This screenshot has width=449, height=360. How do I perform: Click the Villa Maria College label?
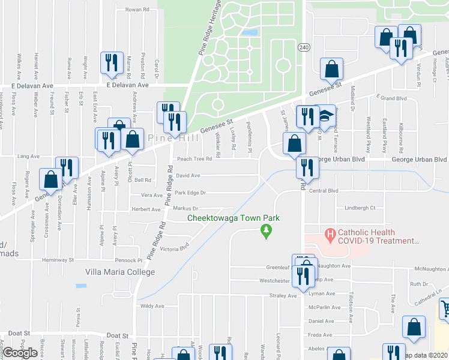[x=116, y=272]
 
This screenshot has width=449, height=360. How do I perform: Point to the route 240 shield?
[x=303, y=46]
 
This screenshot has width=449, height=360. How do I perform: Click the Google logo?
[x=20, y=353]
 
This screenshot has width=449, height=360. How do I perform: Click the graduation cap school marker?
[x=326, y=116]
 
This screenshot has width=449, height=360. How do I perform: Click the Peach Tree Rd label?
[x=194, y=160]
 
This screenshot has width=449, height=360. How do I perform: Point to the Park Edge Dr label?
[x=190, y=193]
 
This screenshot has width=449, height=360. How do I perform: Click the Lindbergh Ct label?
[x=360, y=208]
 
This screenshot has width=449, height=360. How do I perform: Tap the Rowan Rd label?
[x=137, y=10]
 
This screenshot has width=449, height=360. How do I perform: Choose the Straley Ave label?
[x=283, y=296]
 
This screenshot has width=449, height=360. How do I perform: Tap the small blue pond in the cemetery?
[x=253, y=32]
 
